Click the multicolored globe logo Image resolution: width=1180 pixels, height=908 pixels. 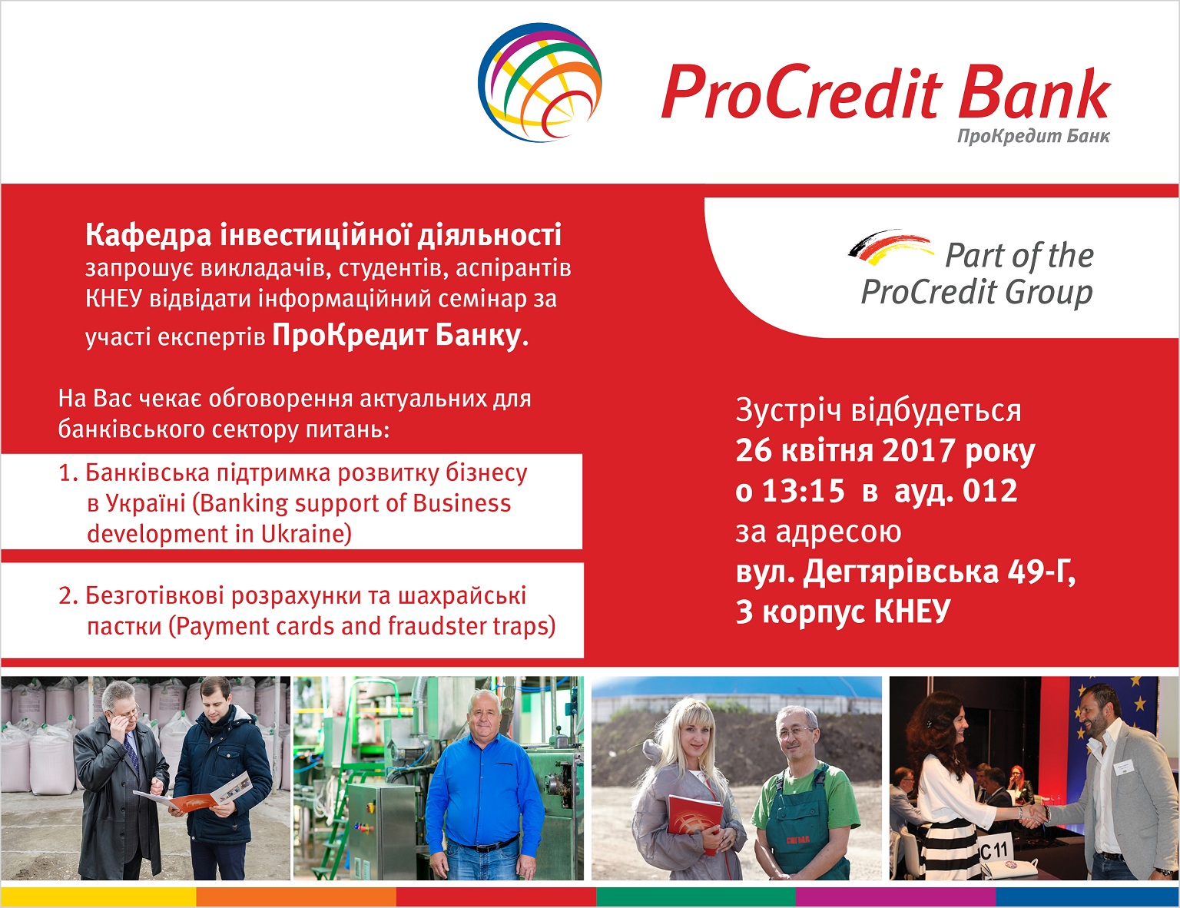point(540,82)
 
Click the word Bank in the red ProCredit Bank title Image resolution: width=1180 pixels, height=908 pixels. point(1035,92)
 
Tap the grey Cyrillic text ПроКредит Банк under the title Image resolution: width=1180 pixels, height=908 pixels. point(1033,136)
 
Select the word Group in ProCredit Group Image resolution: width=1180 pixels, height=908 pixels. point(1049,293)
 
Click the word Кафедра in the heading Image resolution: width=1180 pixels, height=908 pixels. point(148,236)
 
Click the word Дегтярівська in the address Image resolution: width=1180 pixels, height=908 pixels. point(901,572)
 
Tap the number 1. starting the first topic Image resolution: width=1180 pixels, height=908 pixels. point(69,473)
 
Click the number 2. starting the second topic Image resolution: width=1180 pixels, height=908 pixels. point(69,596)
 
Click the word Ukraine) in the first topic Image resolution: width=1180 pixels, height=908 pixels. point(307,534)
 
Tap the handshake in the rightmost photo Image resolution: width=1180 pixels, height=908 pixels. point(1032,814)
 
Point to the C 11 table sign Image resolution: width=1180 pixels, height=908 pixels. point(994,850)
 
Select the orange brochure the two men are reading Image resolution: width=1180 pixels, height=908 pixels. point(193,795)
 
